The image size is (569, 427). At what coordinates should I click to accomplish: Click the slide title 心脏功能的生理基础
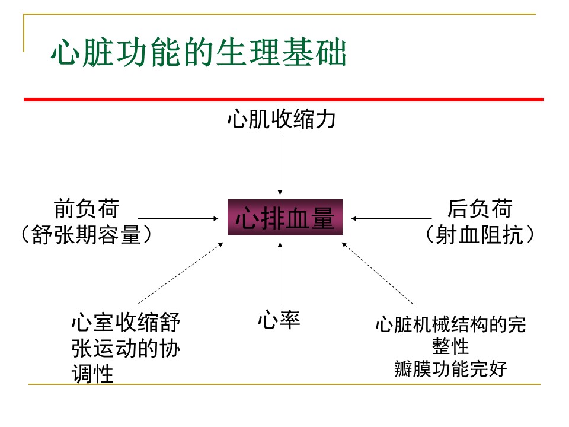pos(199,53)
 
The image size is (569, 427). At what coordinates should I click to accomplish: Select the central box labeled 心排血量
pos(285,218)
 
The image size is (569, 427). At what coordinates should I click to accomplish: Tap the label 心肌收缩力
pos(281,119)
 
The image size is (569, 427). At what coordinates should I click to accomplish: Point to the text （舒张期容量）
pos(86,234)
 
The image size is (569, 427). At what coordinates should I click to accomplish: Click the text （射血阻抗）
pos(480,234)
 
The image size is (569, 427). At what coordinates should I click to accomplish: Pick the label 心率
pos(279,320)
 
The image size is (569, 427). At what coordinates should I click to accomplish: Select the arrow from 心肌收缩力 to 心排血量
pos(280,164)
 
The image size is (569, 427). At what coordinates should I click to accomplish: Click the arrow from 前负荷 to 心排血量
pos(178,219)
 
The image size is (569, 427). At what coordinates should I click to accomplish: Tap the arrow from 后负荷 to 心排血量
pos(392,219)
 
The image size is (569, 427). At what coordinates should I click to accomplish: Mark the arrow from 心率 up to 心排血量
pos(280,273)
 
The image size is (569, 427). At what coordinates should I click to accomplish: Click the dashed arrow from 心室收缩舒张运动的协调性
pos(180,273)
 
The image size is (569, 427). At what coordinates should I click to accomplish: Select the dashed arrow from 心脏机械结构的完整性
pos(378,273)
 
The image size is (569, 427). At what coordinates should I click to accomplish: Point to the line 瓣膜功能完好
pos(450,369)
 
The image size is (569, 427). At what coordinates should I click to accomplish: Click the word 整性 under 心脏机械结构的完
pos(450,346)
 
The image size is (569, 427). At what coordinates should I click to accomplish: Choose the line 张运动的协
pos(126,348)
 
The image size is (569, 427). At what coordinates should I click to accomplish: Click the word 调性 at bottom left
pos(92,374)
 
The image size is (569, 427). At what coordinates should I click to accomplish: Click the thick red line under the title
pos(283,100)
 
